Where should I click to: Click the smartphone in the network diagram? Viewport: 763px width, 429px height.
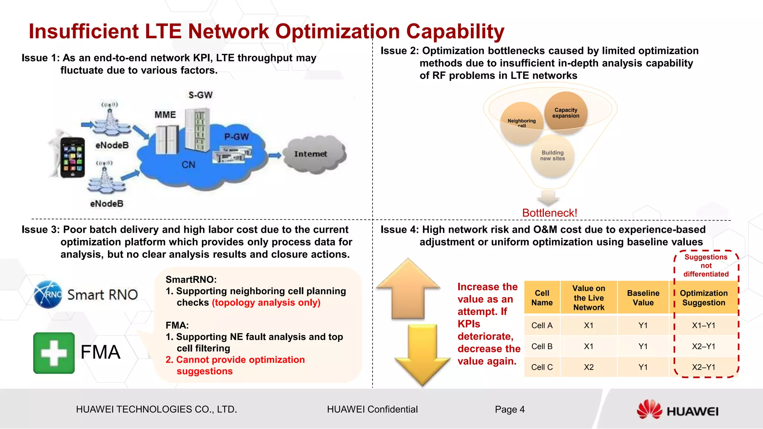click(72, 157)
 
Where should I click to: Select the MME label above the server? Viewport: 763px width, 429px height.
click(165, 115)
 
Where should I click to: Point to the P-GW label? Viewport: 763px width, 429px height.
click(236, 137)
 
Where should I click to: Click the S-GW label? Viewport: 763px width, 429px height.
click(200, 95)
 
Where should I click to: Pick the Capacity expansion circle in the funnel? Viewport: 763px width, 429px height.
click(566, 112)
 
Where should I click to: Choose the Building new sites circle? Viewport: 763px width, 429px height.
click(553, 156)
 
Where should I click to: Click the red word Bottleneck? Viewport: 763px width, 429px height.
click(550, 213)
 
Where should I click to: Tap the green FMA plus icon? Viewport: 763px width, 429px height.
click(54, 353)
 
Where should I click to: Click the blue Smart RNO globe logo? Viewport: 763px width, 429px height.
click(48, 295)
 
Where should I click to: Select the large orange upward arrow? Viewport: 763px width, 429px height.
click(408, 289)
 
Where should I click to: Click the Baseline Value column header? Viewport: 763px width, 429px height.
click(643, 298)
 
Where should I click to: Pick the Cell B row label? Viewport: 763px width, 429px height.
click(542, 346)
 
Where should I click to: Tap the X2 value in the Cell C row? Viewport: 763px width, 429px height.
click(589, 367)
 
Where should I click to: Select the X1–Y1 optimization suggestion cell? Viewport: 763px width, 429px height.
click(703, 325)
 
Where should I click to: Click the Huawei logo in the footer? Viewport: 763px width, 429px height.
click(677, 410)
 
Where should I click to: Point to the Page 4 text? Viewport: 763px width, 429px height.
click(510, 410)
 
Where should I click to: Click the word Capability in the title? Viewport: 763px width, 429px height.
click(455, 31)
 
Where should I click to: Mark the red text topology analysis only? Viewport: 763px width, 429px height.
click(266, 302)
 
